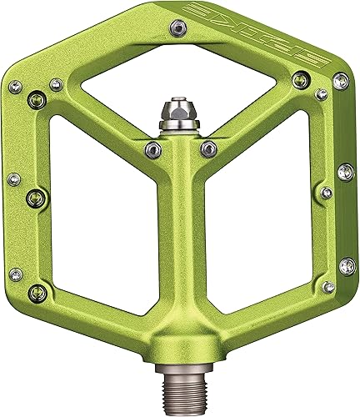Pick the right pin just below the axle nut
click(209, 148)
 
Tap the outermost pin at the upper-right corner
click(340, 81)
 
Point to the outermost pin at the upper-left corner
click(14, 84)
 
